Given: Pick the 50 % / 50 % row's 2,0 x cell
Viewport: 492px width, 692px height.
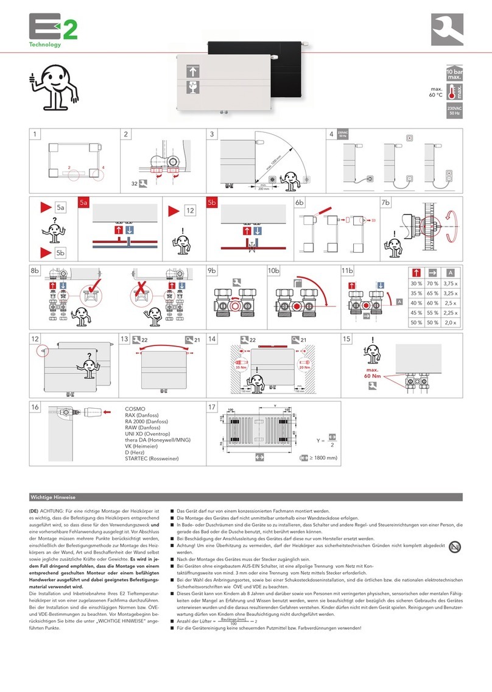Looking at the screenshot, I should (x=449, y=322).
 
